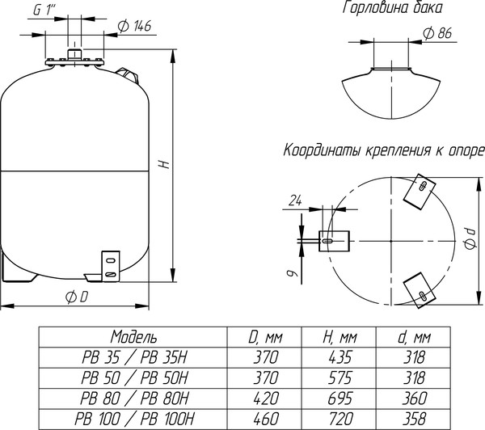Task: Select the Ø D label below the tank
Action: click(78, 297)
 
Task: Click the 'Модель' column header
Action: click(134, 336)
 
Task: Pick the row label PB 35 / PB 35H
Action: click(134, 356)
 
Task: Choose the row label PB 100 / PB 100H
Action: click(134, 418)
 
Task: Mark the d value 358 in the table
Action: click(418, 418)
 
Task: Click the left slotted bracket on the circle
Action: click(331, 240)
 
